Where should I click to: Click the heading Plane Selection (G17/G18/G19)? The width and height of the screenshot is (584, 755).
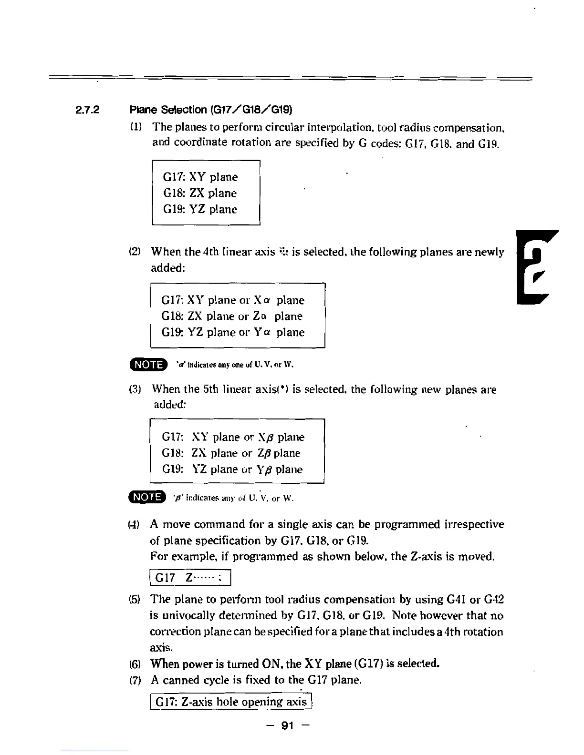pyautogui.click(x=211, y=110)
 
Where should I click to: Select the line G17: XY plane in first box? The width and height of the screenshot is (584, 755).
pyautogui.click(x=200, y=177)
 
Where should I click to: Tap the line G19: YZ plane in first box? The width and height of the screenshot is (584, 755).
pyautogui.click(x=200, y=209)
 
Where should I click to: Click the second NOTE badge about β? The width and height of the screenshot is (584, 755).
pyautogui.click(x=148, y=498)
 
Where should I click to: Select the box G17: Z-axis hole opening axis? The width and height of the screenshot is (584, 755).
pyautogui.click(x=231, y=702)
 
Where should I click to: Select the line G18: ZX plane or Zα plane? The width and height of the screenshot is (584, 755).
pyautogui.click(x=232, y=316)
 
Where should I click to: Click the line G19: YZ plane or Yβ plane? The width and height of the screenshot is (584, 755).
pyautogui.click(x=232, y=469)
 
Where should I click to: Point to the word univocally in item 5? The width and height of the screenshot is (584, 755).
pyautogui.click(x=188, y=615)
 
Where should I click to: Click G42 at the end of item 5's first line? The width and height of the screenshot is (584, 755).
pyautogui.click(x=494, y=599)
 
